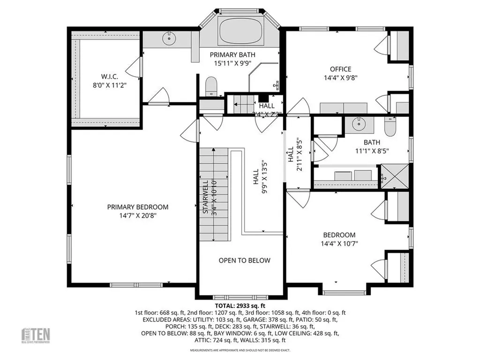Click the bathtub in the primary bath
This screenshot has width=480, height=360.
240,29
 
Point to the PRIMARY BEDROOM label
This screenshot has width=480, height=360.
137,207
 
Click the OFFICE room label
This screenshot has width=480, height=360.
340,69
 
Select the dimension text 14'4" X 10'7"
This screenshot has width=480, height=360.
339,244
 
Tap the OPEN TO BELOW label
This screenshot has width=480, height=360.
245,261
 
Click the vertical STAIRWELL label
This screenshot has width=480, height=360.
205,197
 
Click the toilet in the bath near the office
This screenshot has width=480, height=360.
390,125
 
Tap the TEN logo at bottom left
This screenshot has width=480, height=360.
37,335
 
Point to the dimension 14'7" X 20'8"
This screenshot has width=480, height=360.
137,216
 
